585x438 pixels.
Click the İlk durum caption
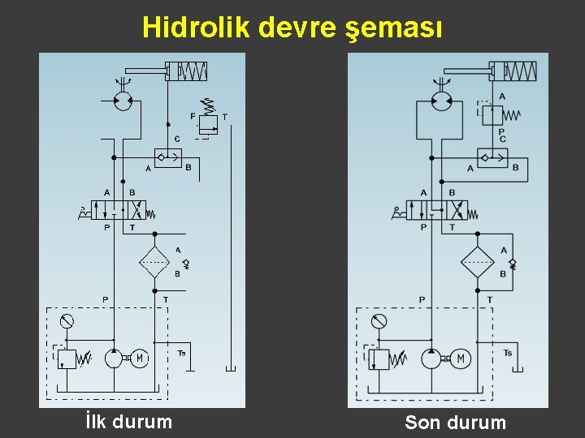(128, 422)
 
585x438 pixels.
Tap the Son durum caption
(455, 423)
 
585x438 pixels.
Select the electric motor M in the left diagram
(140, 358)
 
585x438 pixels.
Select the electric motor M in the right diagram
(461, 358)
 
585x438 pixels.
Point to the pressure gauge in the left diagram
(67, 321)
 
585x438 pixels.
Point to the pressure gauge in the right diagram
(379, 321)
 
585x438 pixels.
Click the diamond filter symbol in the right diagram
(477, 262)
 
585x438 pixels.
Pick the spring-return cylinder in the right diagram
(513, 71)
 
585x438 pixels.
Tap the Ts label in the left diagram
(181, 353)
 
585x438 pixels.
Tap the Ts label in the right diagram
(508, 352)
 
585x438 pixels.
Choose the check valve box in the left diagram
(167, 157)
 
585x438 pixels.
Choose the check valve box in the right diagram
(492, 157)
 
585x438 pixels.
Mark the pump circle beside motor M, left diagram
(114, 358)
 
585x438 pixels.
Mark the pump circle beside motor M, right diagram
(431, 358)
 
